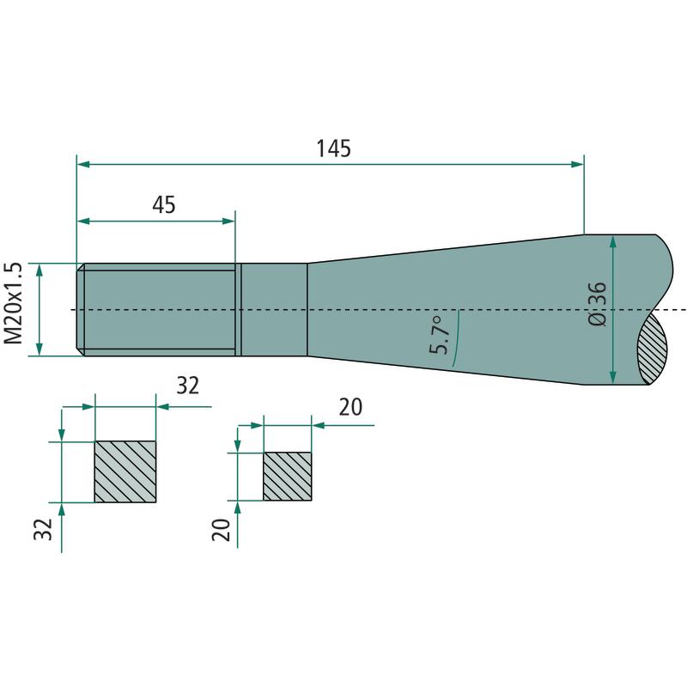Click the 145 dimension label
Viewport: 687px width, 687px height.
coord(332,148)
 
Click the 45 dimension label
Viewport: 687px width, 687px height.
coord(163,205)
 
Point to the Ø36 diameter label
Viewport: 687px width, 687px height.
coord(599,304)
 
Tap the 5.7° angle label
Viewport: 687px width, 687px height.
coord(440,337)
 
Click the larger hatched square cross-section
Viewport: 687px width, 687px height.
coord(125,471)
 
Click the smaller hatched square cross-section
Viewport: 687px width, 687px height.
coord(287,476)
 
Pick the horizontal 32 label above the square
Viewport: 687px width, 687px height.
coord(187,386)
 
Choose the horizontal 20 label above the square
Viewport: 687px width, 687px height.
coord(350,406)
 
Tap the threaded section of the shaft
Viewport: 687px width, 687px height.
coord(159,309)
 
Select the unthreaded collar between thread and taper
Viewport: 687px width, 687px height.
coord(274,309)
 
